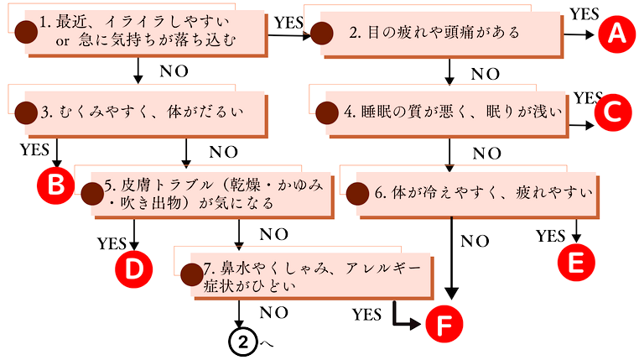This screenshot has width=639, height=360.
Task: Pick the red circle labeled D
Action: [133, 269]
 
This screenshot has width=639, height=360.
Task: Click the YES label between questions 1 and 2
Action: [289, 23]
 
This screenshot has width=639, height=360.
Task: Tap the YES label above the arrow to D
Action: [112, 244]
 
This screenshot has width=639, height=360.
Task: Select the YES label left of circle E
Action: [550, 236]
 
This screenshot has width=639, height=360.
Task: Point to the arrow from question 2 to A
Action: [578, 34]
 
